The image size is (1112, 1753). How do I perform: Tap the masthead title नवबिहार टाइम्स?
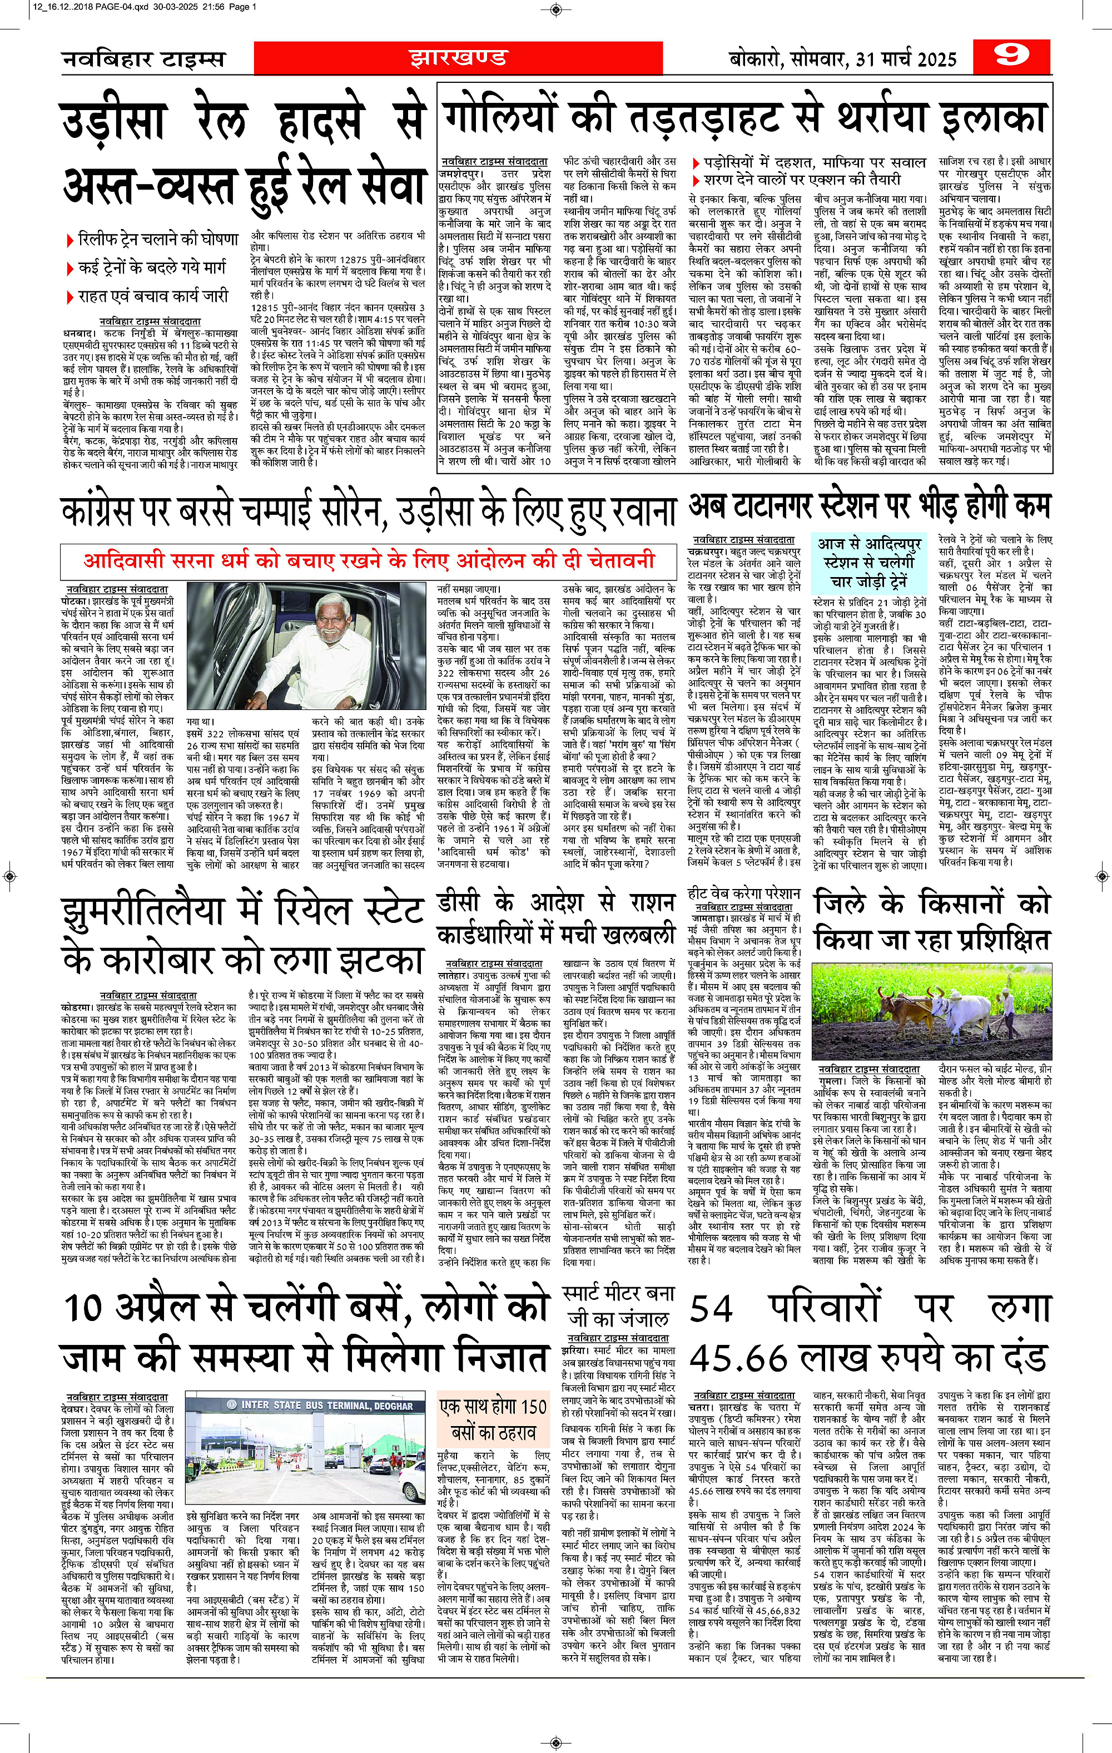click(x=143, y=59)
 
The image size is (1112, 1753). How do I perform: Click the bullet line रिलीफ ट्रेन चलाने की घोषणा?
click(x=158, y=239)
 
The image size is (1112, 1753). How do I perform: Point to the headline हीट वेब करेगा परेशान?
click(x=743, y=893)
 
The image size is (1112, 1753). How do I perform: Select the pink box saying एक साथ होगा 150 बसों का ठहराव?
click(x=493, y=1419)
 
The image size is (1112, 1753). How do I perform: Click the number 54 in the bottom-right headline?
click(x=712, y=1309)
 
